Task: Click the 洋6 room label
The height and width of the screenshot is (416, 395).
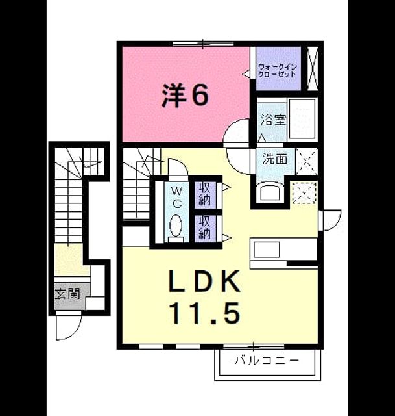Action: point(186,95)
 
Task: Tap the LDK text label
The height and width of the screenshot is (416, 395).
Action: point(205,281)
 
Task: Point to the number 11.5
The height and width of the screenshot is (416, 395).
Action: point(206,313)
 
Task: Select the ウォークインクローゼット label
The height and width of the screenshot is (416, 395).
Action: point(278,70)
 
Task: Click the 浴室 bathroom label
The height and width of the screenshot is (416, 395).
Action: point(272,120)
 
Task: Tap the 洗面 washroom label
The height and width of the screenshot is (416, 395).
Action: point(275,159)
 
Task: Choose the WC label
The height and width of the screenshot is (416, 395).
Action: point(177,196)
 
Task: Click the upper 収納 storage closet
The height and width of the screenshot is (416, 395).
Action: point(205,194)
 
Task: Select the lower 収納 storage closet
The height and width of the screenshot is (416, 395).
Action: point(205,228)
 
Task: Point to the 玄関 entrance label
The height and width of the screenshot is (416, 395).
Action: point(67,294)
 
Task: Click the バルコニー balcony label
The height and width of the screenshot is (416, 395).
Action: point(267,361)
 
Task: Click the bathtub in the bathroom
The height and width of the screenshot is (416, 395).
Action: point(302,119)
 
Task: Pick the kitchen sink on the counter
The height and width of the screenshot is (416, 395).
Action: point(267,250)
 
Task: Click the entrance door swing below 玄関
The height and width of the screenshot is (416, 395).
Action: point(68,327)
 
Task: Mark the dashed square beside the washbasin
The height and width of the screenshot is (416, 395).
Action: point(304,192)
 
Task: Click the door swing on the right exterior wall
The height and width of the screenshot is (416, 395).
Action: point(331,220)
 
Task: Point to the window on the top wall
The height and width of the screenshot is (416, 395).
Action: point(203,44)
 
